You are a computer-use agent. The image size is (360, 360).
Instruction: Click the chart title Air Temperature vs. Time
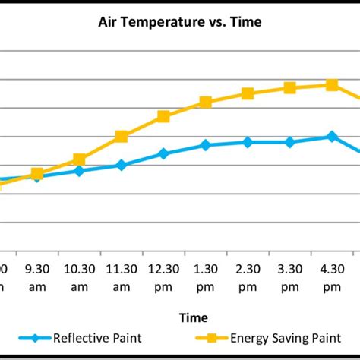point(179,22)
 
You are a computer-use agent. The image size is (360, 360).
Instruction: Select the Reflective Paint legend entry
point(83,338)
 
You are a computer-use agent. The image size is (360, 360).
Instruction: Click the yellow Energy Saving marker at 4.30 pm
point(332,85)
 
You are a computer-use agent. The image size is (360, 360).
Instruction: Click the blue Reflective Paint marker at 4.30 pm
point(332,136)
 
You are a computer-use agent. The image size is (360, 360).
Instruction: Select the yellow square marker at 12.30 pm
point(163,116)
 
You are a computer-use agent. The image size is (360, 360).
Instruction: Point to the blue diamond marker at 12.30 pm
point(163,153)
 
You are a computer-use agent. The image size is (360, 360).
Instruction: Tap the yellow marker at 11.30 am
point(122,137)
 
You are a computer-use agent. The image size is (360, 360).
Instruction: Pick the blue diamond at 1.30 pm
point(205,144)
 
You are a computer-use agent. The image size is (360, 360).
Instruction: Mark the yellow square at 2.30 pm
point(248,93)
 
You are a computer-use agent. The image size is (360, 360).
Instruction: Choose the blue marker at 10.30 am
point(79,171)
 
